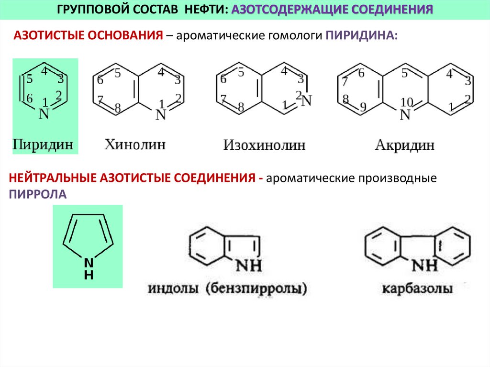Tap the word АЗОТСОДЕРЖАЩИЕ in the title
click(x=286, y=9)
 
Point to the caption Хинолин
click(x=135, y=144)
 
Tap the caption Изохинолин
click(x=264, y=145)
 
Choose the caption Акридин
click(x=405, y=145)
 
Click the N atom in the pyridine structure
click(x=44, y=114)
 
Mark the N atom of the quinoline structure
click(x=161, y=115)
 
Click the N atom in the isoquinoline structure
click(x=307, y=100)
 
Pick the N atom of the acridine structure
click(x=406, y=115)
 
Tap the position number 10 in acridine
click(x=407, y=102)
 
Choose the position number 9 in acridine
click(x=363, y=107)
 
